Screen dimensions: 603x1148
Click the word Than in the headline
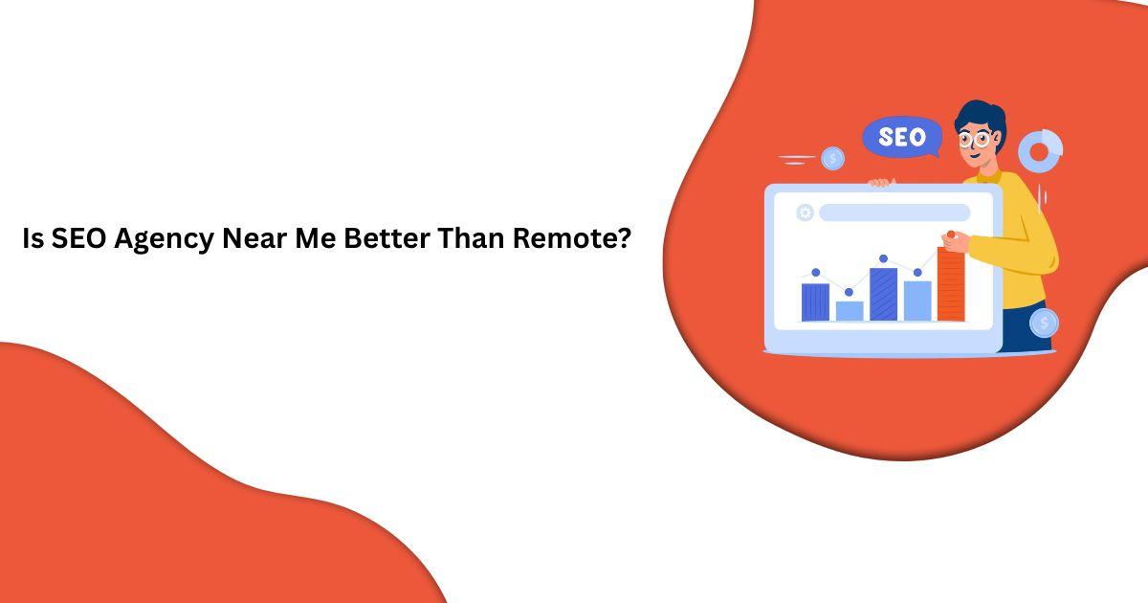click(472, 238)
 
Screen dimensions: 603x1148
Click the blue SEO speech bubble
click(900, 138)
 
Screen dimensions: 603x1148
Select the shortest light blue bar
click(849, 310)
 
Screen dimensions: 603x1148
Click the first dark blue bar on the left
click(815, 301)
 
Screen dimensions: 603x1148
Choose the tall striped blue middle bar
click(883, 294)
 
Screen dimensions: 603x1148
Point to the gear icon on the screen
click(805, 212)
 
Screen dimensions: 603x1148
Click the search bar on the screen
click(894, 212)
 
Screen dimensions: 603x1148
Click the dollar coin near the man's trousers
click(1044, 323)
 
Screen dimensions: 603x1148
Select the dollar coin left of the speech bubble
click(832, 158)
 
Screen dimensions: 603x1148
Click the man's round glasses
click(975, 139)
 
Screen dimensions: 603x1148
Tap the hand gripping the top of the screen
click(880, 182)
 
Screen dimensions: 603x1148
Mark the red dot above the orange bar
click(950, 234)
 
